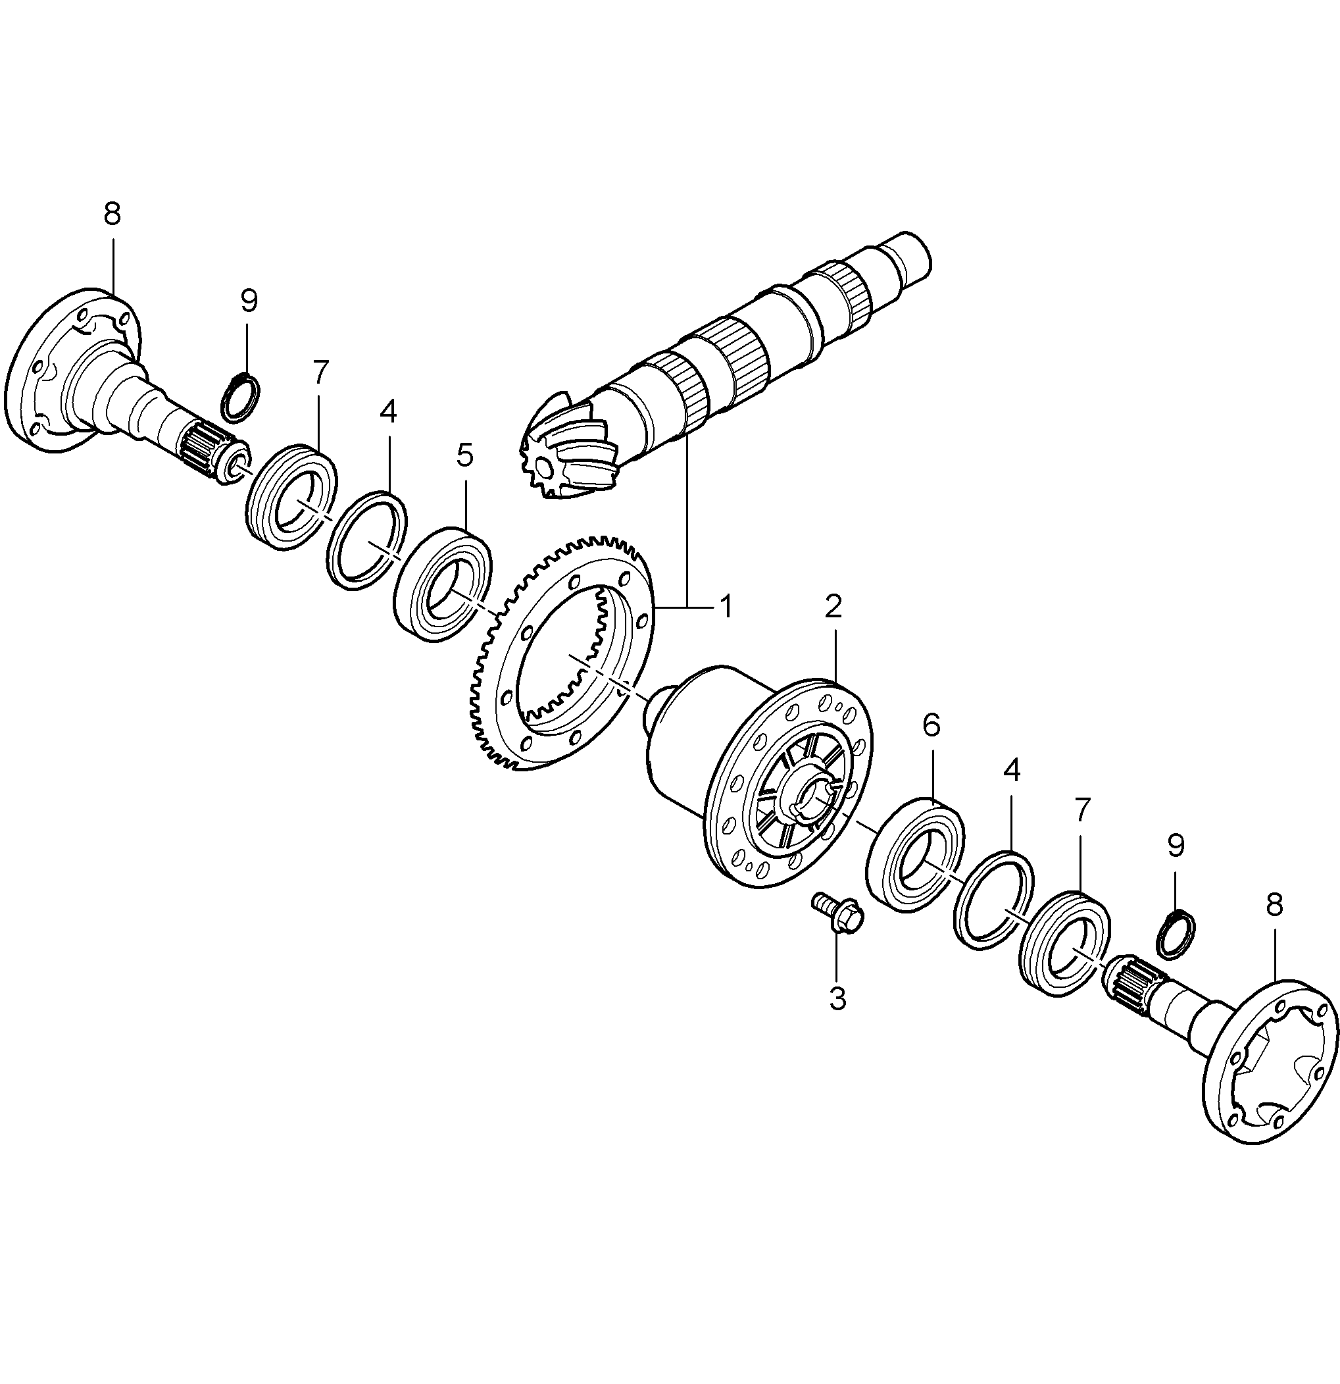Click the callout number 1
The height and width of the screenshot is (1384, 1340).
coord(725,607)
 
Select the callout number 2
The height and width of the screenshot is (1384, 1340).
coord(833,606)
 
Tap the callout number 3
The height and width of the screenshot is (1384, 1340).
coord(837,999)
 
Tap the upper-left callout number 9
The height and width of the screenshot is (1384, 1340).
coord(249,301)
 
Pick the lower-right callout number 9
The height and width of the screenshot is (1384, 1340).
coord(1176,846)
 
